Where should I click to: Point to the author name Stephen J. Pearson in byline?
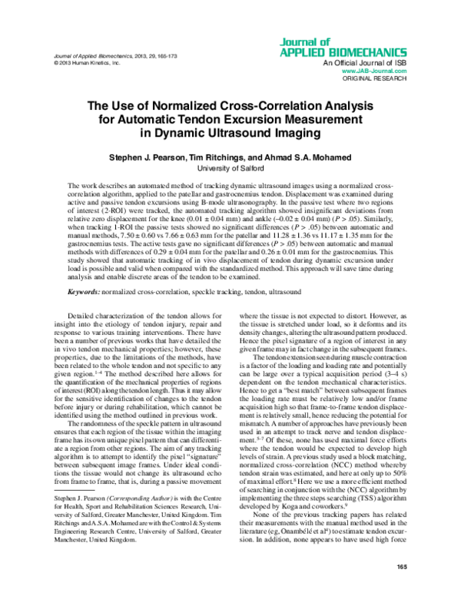(148, 157)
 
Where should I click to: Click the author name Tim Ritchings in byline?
(223, 157)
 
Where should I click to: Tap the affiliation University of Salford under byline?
(230, 168)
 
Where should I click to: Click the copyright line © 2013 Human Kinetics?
(84, 64)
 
